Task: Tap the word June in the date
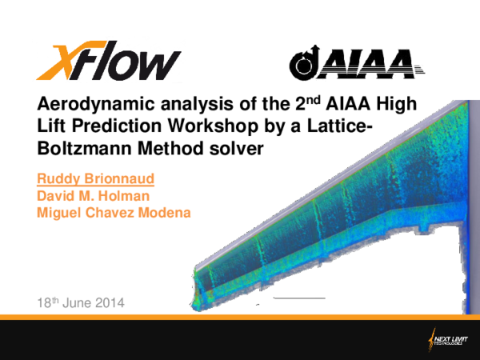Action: (x=75, y=303)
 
